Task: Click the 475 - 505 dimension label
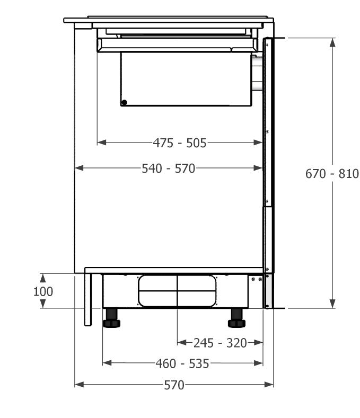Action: coord(180,143)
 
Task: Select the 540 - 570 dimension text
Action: coord(169,168)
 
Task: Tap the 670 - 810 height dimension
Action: coord(332,174)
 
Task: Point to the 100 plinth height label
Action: coord(43,291)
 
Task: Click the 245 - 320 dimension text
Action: coord(220,343)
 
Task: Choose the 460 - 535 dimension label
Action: coord(182,363)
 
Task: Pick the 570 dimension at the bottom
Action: coord(174,385)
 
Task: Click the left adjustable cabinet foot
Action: coord(111,318)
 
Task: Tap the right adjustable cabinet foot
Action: coord(236,318)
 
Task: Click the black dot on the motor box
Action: coord(124,102)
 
